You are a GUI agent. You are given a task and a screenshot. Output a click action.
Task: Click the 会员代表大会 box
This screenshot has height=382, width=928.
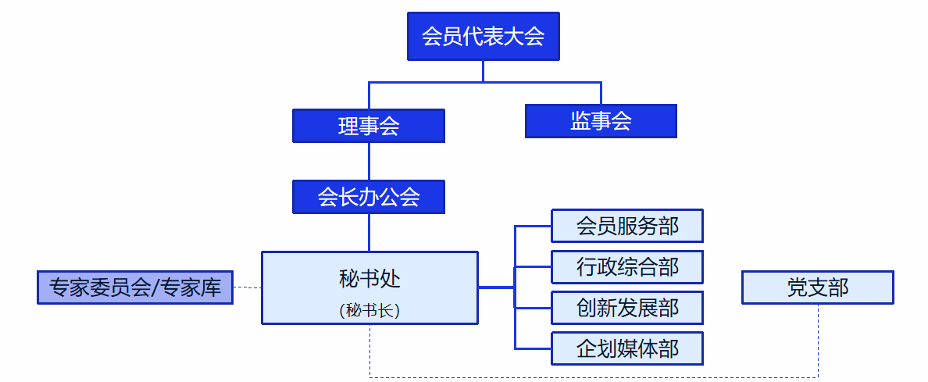point(483,36)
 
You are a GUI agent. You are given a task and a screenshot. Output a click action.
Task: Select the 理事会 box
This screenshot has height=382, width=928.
point(369,126)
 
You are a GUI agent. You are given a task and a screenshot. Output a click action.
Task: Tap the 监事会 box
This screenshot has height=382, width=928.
point(601,121)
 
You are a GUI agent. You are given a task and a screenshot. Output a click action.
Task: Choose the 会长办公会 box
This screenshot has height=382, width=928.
point(369,197)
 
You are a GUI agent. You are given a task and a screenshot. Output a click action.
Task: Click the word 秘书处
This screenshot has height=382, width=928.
point(369,278)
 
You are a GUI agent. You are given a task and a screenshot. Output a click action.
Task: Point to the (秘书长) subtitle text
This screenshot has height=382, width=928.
point(369,310)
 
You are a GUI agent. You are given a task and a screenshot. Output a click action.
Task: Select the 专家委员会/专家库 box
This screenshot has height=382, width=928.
point(135,287)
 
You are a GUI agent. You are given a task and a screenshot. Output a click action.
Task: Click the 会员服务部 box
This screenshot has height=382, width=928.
point(627,226)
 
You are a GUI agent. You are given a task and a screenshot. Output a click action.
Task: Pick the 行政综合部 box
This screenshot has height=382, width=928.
point(627,267)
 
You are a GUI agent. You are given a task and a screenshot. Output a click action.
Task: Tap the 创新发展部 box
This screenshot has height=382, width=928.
point(627,308)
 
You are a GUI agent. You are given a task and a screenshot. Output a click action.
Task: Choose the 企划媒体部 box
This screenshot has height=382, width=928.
point(627,348)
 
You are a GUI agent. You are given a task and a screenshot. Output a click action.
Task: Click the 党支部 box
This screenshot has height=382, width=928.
point(817,287)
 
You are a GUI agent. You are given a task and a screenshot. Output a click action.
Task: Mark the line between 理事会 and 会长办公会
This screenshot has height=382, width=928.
point(369,161)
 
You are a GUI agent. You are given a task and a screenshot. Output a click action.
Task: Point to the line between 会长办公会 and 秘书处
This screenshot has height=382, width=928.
point(369,232)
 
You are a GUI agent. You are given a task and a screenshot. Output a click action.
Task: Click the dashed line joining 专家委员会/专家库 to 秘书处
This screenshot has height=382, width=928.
point(247,287)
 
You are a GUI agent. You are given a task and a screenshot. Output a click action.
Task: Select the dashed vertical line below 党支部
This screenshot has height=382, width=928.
point(818,340)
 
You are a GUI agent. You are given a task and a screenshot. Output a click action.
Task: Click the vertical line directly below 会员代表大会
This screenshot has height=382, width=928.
point(483,70)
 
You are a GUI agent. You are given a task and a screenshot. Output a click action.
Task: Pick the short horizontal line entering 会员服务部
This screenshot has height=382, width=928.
point(534,226)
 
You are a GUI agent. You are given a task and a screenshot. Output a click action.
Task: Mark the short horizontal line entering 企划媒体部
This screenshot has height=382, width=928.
point(534,348)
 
